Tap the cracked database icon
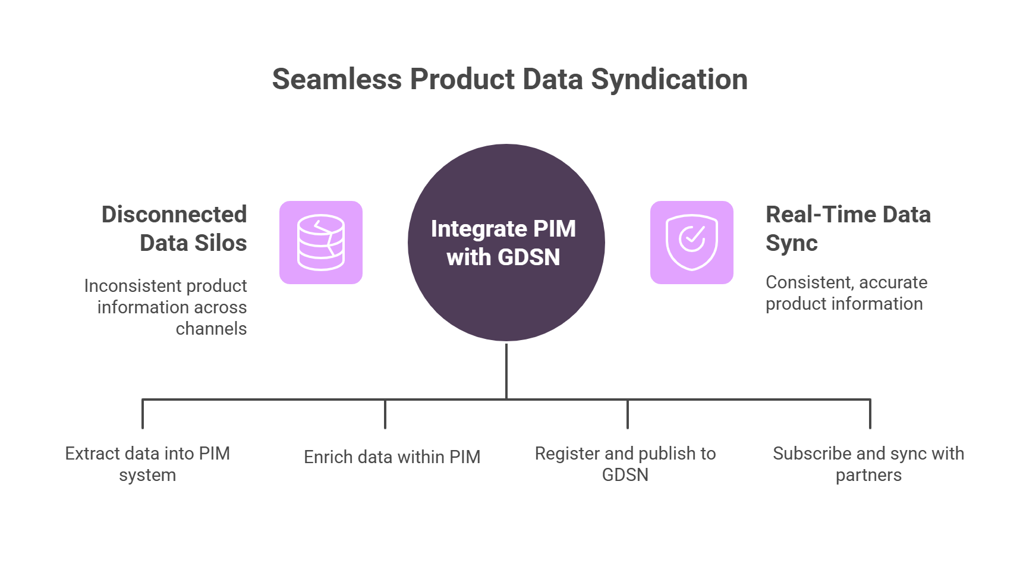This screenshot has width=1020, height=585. tap(321, 243)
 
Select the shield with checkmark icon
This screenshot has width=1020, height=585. tap(691, 243)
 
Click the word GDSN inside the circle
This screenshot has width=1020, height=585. tap(528, 257)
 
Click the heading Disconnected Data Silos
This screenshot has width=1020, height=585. tap(175, 228)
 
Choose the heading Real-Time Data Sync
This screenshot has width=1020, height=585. tap(848, 228)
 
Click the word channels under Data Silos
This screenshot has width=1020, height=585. tap(211, 329)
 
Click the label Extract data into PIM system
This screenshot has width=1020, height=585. tap(147, 464)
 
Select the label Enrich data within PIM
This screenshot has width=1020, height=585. tap(392, 457)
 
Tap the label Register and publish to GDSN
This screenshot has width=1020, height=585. tap(625, 464)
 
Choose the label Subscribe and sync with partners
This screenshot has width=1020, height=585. tap(868, 464)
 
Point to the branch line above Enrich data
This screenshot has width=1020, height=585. tap(385, 414)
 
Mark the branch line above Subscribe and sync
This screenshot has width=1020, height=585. tap(870, 414)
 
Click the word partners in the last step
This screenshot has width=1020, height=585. tap(868, 475)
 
